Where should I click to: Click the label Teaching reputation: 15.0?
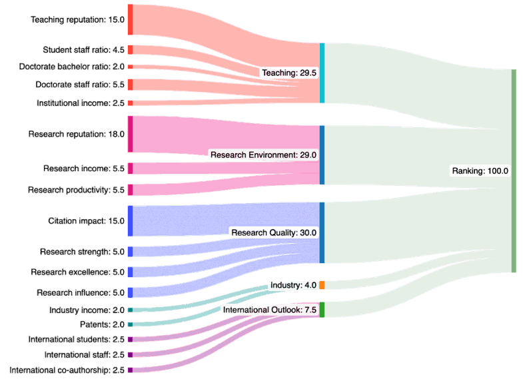coord(77,20)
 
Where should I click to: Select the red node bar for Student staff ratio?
coord(130,50)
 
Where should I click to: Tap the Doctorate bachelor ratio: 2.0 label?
coord(72,67)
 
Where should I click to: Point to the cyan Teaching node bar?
coord(322,73)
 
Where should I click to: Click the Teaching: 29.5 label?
coord(289,73)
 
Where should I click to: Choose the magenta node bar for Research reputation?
coord(130,134)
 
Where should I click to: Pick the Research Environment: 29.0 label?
coord(264,155)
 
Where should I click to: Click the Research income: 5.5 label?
coord(84,169)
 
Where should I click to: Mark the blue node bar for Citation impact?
coord(130,221)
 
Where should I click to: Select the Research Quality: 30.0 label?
coord(274,232)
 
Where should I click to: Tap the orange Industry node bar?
coord(322,285)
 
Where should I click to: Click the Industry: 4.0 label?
coord(294,285)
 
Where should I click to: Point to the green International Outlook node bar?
coord(322,310)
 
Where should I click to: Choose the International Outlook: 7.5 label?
coord(270,310)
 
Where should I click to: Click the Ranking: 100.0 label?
coord(480,171)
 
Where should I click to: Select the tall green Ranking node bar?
coord(514,171)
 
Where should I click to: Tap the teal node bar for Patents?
coord(130,324)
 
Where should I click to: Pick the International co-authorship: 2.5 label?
coord(67,370)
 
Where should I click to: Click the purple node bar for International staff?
coord(130,354)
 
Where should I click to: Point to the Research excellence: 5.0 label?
coord(78,272)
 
